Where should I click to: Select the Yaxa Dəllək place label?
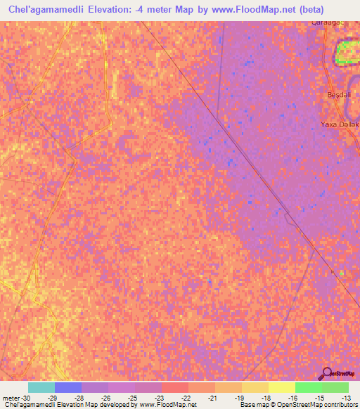pos(340,124)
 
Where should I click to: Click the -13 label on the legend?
pos(342,398)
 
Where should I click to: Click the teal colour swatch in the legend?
pos(41,387)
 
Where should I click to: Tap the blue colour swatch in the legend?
pos(68,387)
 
